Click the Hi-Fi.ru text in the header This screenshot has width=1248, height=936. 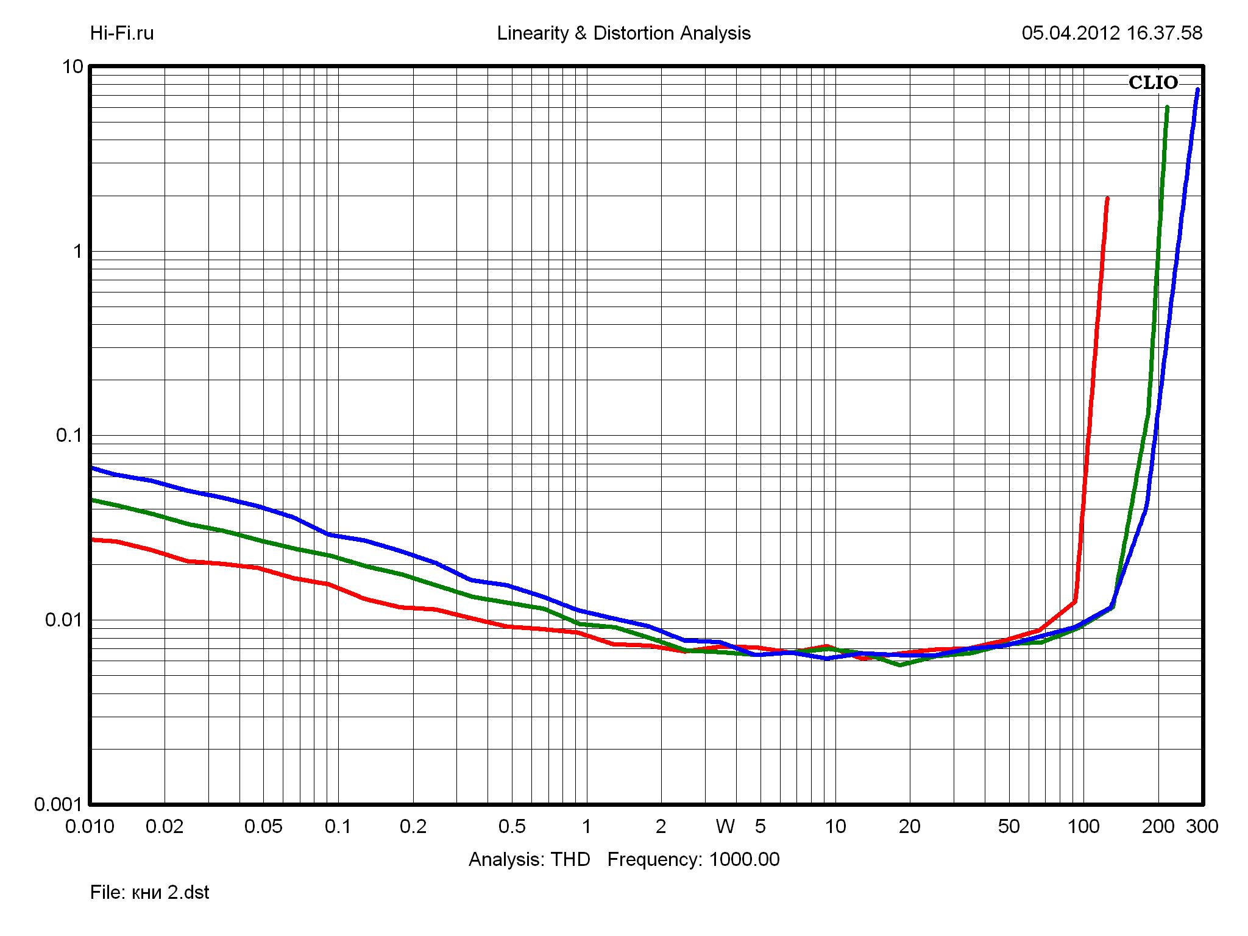tap(122, 33)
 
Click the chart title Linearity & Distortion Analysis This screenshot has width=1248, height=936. tap(623, 33)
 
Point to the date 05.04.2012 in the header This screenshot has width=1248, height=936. tap(1071, 33)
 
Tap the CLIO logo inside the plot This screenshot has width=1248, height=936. tap(1153, 83)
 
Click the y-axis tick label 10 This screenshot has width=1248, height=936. tap(73, 66)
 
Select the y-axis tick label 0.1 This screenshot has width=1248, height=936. tap(69, 435)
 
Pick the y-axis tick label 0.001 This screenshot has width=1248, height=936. tap(58, 804)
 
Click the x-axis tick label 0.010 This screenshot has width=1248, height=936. tap(90, 826)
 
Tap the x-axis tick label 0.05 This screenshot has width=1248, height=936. tap(263, 826)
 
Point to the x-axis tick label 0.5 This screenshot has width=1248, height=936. tap(511, 826)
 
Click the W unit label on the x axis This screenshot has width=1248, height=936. tap(725, 826)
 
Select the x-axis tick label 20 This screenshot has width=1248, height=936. tap(909, 826)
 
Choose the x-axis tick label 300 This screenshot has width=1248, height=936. tap(1202, 826)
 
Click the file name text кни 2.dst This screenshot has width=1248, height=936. tap(170, 892)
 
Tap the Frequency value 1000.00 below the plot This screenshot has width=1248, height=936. tap(744, 859)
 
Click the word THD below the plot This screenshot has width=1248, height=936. tap(570, 859)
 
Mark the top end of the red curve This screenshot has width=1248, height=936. tap(1107, 199)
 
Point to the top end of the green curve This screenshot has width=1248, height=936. tap(1167, 108)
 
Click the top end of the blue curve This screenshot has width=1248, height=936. tap(1197, 90)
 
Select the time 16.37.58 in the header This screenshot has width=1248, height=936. tap(1164, 33)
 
